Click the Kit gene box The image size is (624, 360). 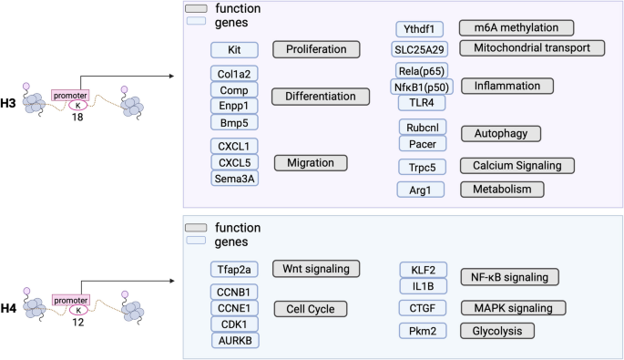pyautogui.click(x=234, y=49)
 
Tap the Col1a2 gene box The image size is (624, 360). pyautogui.click(x=234, y=74)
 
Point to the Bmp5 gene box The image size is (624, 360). pyautogui.click(x=234, y=121)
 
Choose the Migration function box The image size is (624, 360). pyautogui.click(x=311, y=162)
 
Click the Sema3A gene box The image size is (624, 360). pyautogui.click(x=234, y=178)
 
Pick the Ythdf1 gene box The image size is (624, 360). pyautogui.click(x=419, y=28)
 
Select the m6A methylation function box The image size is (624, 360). pyautogui.click(x=517, y=28)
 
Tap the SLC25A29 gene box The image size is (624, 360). pyautogui.click(x=419, y=47)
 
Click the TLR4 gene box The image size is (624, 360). pyautogui.click(x=419, y=102)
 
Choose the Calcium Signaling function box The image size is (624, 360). pyautogui.click(x=517, y=165)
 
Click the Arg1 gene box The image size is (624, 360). pyautogui.click(x=419, y=189)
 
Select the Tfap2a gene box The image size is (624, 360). pyautogui.click(x=234, y=268)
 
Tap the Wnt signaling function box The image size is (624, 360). pyautogui.click(x=316, y=268)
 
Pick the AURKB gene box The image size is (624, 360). pyautogui.click(x=234, y=339)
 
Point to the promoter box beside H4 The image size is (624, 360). pyautogui.click(x=70, y=299)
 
